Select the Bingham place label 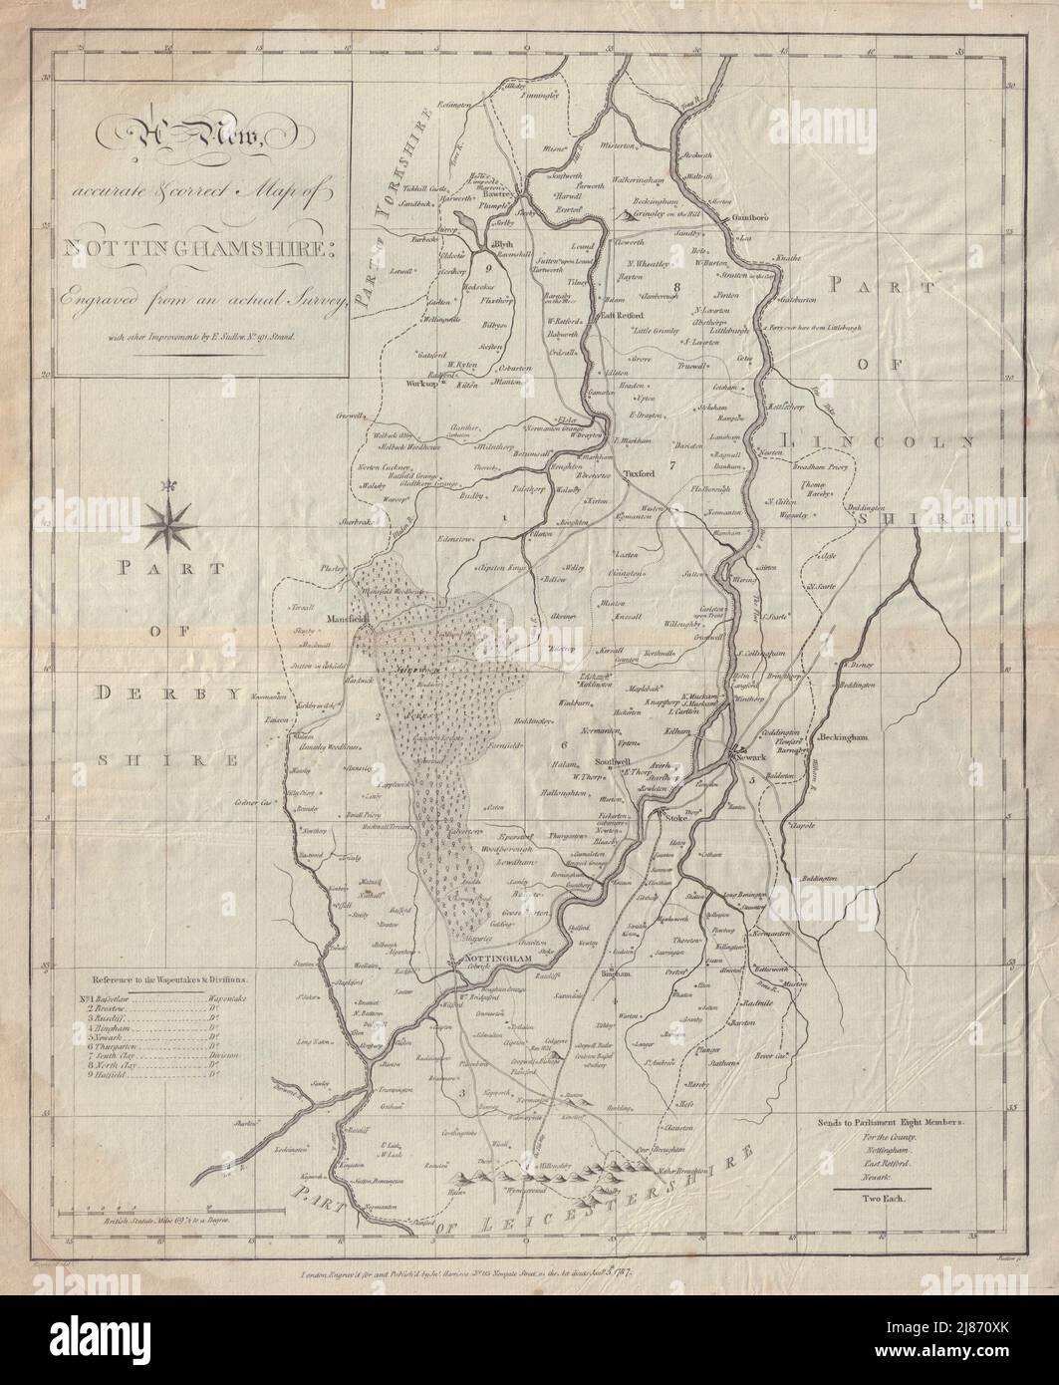pyautogui.click(x=618, y=971)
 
